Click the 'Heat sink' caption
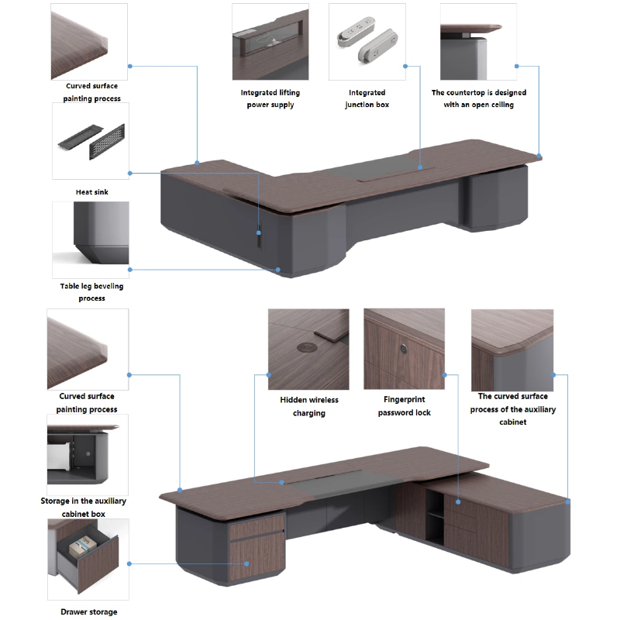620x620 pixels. click(x=91, y=191)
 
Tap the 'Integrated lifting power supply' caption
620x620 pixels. click(x=270, y=98)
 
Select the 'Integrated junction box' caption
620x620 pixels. click(x=367, y=98)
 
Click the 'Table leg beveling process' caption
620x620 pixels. click(x=91, y=291)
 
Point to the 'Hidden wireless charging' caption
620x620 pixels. click(x=308, y=406)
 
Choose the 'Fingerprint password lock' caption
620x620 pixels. click(x=404, y=406)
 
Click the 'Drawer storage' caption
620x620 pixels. click(x=89, y=611)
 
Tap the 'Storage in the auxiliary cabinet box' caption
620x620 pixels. click(x=83, y=507)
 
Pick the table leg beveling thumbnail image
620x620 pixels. click(x=90, y=239)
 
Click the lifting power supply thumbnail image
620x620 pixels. click(x=270, y=40)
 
